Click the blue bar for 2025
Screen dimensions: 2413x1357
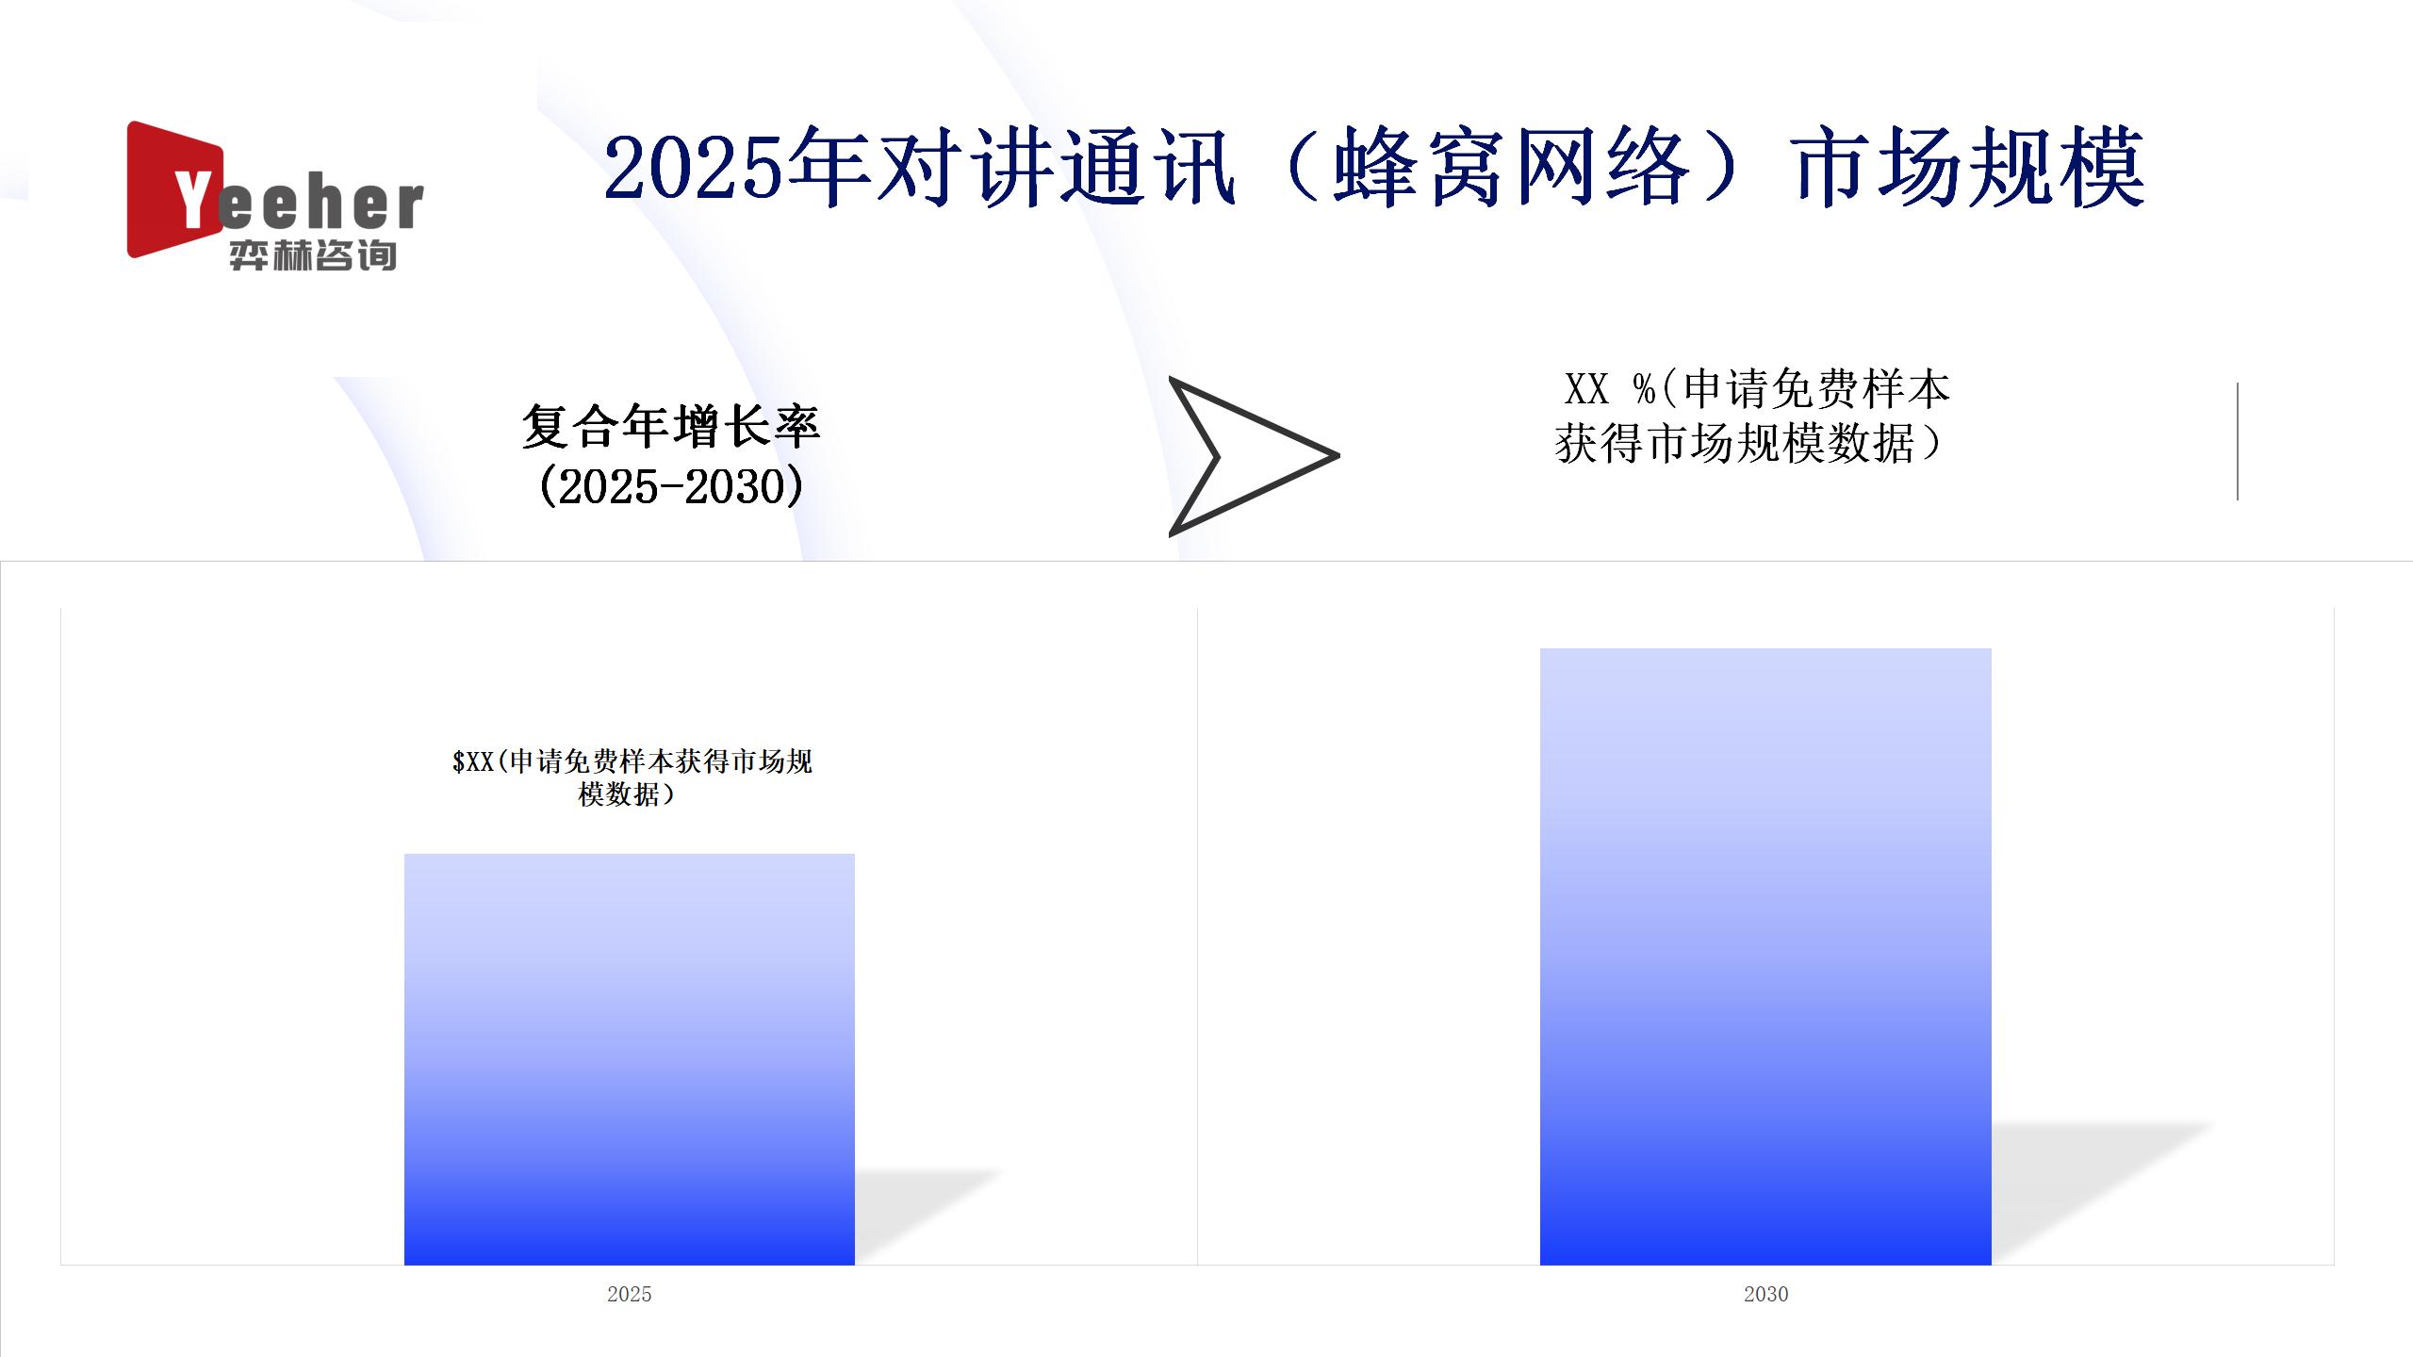tap(630, 1059)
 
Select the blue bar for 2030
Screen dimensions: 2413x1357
tap(1765, 956)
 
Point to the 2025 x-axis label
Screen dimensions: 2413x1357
tap(630, 1294)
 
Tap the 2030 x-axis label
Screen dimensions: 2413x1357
tap(1765, 1294)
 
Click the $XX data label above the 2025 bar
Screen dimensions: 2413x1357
tap(632, 777)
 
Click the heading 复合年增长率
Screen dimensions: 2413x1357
tap(671, 427)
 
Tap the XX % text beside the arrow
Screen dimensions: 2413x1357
tap(1610, 388)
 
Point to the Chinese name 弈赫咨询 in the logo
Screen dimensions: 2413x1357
tap(313, 254)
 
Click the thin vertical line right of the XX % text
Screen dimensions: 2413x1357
tap(2238, 441)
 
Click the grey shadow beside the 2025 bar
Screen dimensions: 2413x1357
tap(924, 1216)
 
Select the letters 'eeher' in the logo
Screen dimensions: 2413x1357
tap(321, 204)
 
